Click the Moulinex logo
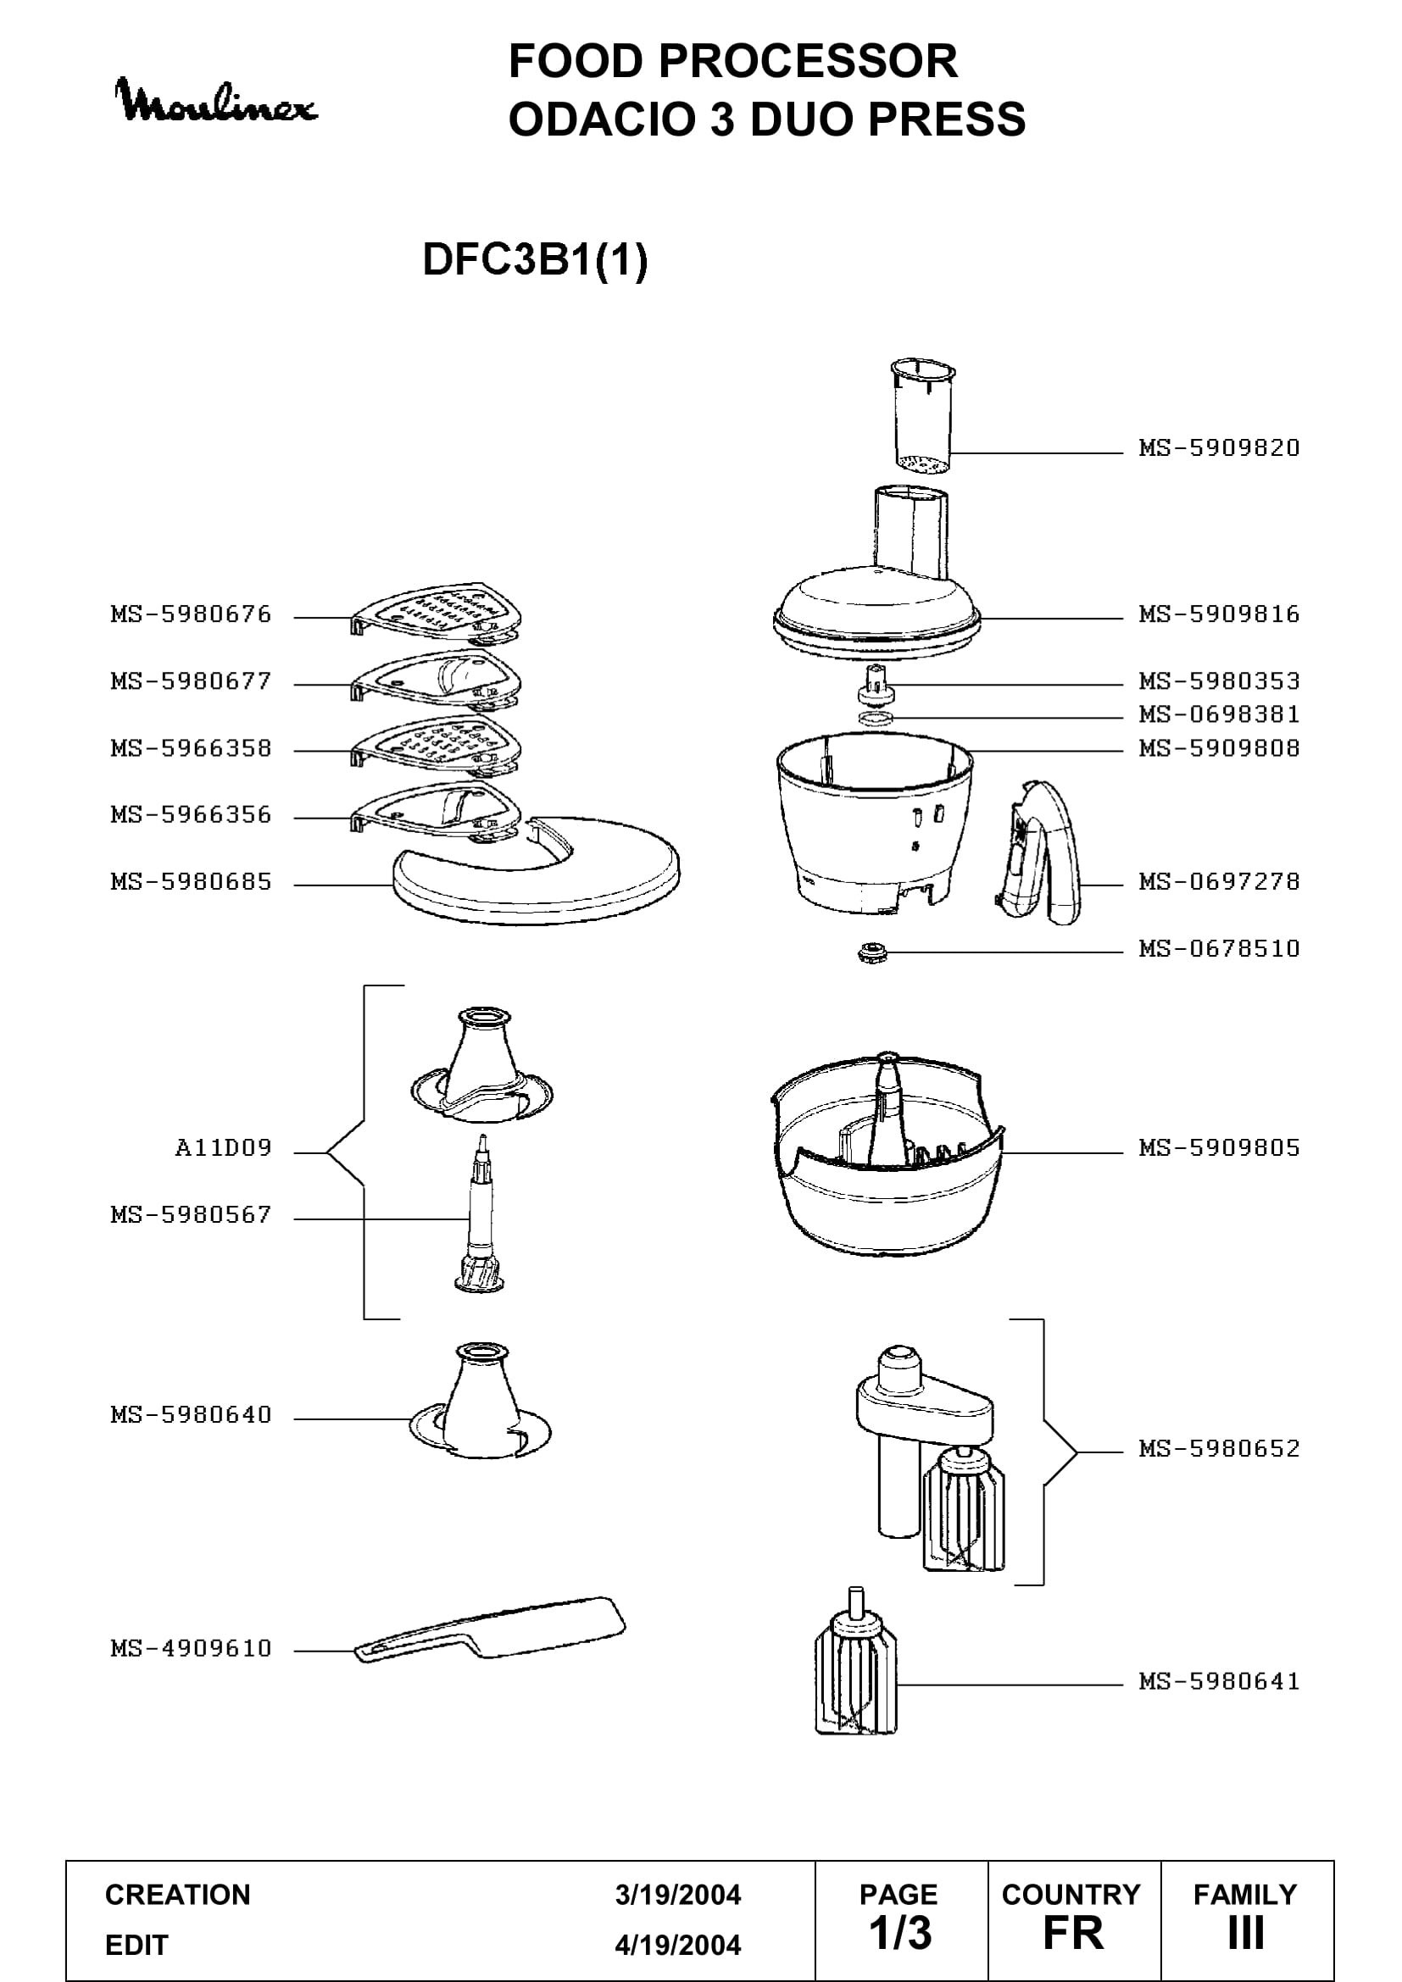tap(216, 101)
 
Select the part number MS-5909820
tap(1219, 448)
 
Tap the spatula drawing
tap(490, 1629)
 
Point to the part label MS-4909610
tap(191, 1648)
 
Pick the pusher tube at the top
tap(922, 417)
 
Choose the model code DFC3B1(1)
tap(535, 259)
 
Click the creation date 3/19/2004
tap(678, 1895)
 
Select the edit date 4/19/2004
tap(678, 1945)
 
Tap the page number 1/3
tap(899, 1933)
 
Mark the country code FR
tap(1073, 1934)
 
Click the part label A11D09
tap(224, 1148)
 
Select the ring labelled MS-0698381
tap(876, 719)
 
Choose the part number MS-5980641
tap(1219, 1681)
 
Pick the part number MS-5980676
tap(191, 614)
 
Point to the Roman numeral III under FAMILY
tap(1246, 1934)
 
